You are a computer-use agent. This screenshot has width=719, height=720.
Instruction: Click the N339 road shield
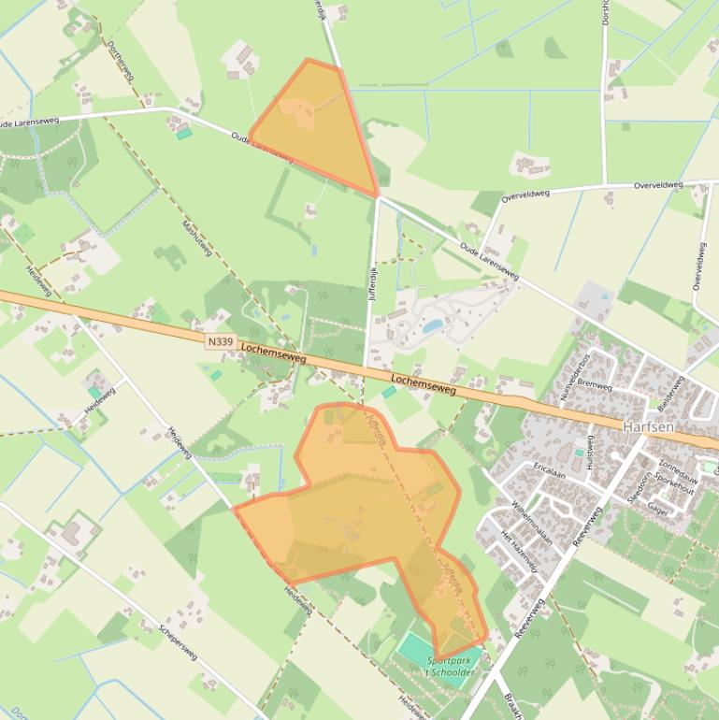[220, 342]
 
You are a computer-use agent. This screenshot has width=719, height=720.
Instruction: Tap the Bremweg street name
[595, 384]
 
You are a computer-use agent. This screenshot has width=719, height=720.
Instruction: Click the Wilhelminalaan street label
[532, 523]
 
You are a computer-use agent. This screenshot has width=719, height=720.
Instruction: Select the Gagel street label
[657, 511]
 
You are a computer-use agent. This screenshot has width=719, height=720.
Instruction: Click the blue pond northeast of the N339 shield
[432, 326]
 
